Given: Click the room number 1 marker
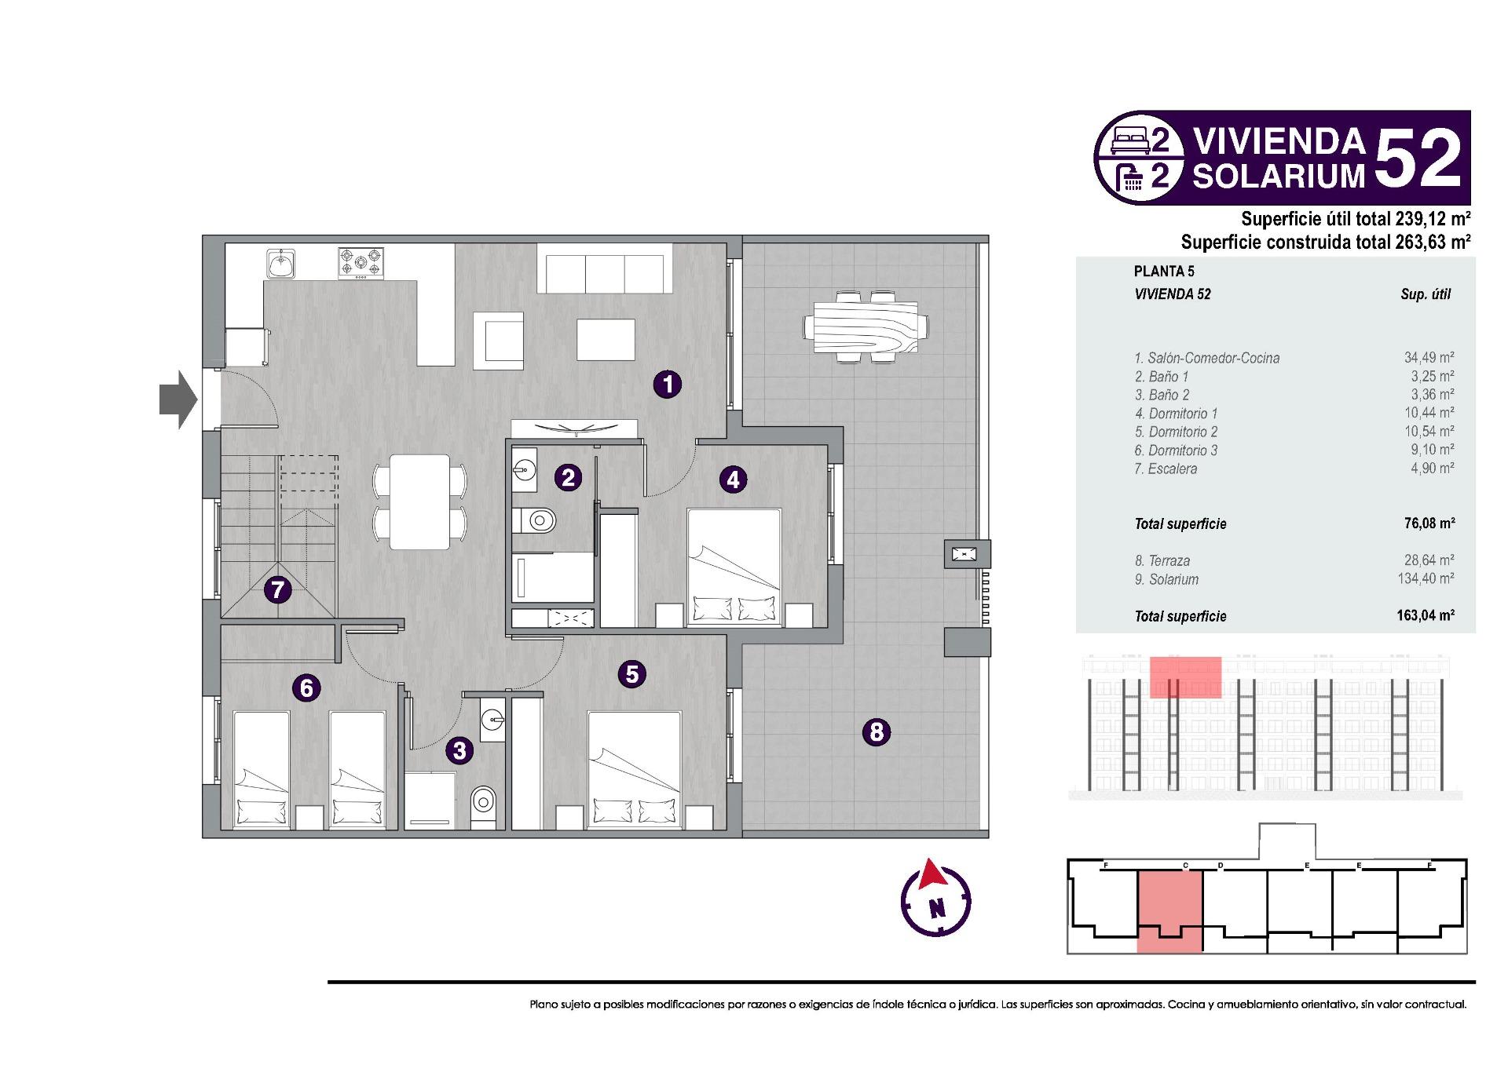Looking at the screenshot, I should point(668,385).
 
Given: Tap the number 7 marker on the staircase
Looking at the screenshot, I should point(277,589).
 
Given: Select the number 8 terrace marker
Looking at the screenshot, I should point(877,732).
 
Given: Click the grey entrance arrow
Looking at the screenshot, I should point(178,400).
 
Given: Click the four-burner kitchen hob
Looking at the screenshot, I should point(361,263).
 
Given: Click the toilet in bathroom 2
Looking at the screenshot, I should point(537,520).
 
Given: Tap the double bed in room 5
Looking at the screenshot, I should point(635,770).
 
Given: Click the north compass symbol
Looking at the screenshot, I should point(935,899).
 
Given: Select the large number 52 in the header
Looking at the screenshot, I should point(1418,159).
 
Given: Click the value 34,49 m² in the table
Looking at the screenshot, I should point(1429,358).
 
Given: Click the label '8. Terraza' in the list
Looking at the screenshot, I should point(1162,561).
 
